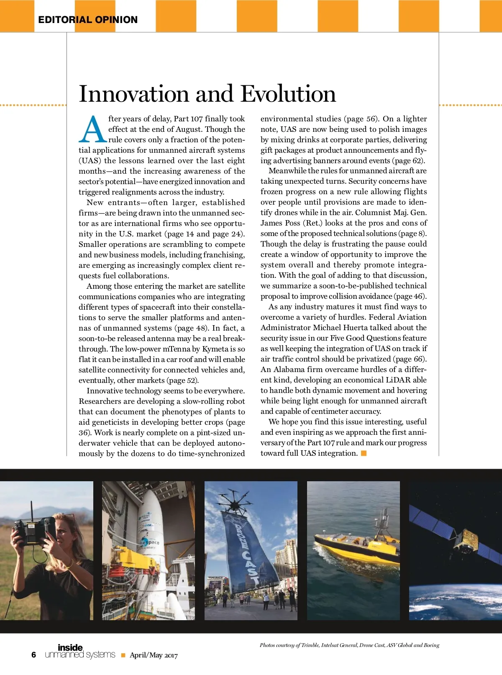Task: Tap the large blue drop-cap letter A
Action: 92,129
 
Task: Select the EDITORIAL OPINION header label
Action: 88,20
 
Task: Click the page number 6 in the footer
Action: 34,655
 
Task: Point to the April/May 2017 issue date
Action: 154,655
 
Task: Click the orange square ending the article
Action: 364,453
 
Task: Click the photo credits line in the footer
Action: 349,645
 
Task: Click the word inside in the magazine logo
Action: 70,648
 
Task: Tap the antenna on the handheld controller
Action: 31,510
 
